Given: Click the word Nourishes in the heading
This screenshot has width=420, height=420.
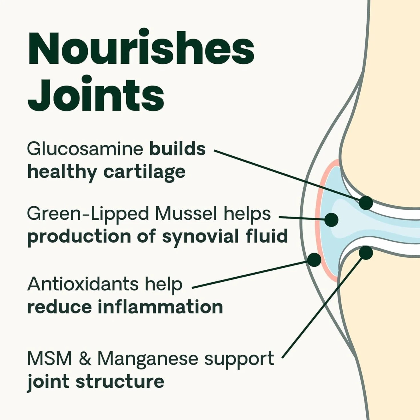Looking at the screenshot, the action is [141, 47].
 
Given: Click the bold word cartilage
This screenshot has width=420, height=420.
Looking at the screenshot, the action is [144, 172].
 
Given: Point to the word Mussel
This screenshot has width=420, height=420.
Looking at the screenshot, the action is [186, 214].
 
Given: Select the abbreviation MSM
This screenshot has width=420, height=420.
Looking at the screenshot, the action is [49, 359].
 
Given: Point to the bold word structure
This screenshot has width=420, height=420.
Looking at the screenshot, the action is [120, 382].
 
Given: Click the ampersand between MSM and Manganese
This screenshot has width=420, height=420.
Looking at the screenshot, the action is [85, 359].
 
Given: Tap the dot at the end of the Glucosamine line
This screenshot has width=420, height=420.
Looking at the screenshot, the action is [366, 203].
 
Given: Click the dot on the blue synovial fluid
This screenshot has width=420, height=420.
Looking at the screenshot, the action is [331, 220].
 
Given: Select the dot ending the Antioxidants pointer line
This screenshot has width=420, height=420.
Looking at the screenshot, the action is [314, 260].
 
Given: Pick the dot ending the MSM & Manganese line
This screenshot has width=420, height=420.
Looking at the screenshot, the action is [366, 253].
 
